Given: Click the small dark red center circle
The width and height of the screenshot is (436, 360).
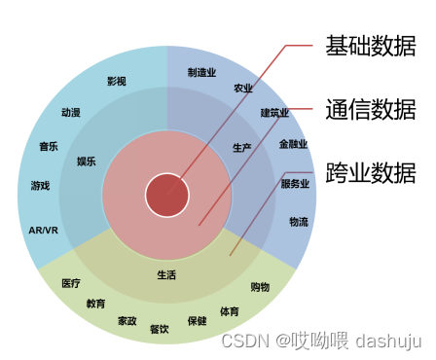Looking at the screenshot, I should pos(167,194).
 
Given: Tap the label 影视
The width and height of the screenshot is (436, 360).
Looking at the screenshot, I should pos(117,82).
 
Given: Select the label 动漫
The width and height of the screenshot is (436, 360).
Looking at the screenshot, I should pos(70,113).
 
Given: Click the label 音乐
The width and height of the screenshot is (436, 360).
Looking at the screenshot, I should pos(49,147).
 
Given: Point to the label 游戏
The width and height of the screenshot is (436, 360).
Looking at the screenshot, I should pos(40,185).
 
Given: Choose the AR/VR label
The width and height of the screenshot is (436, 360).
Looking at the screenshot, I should pos(43,231).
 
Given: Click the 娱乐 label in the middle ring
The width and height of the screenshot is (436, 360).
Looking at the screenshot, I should pos(87,162).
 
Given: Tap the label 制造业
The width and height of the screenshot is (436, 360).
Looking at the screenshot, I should pos(201,72).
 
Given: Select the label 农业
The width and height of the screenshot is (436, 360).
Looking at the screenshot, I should pos(243,89).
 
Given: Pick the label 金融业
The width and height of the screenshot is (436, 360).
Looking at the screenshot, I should pos(293,145).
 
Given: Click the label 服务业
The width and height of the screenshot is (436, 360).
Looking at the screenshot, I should pos(295,183).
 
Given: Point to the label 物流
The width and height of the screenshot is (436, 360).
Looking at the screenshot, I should pos(299,222).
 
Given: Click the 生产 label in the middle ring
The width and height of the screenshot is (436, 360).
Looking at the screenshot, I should pos(241,148).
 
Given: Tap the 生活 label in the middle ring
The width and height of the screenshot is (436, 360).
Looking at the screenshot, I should pos(166,275).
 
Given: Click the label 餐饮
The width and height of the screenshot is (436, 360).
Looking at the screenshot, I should pos(160,329).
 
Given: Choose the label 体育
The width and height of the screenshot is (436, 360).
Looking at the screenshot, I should pos(229,312).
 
